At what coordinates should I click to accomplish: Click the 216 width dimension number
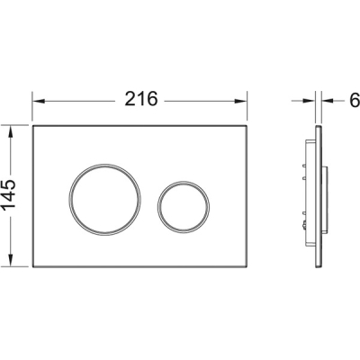pos(140,99)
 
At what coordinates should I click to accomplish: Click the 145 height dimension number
pos(9,194)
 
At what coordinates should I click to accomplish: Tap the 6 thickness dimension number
pos(355,100)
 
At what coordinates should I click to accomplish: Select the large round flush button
pos(105,200)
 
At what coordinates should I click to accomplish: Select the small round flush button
pos(184,206)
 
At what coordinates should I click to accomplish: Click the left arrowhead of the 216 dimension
pos(39,101)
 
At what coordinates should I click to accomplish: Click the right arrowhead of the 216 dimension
pos(240,101)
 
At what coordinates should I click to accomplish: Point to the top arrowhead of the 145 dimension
pos(11,132)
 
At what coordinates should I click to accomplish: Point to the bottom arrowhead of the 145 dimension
pos(11,260)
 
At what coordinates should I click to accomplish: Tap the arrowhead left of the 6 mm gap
pos(310,101)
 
